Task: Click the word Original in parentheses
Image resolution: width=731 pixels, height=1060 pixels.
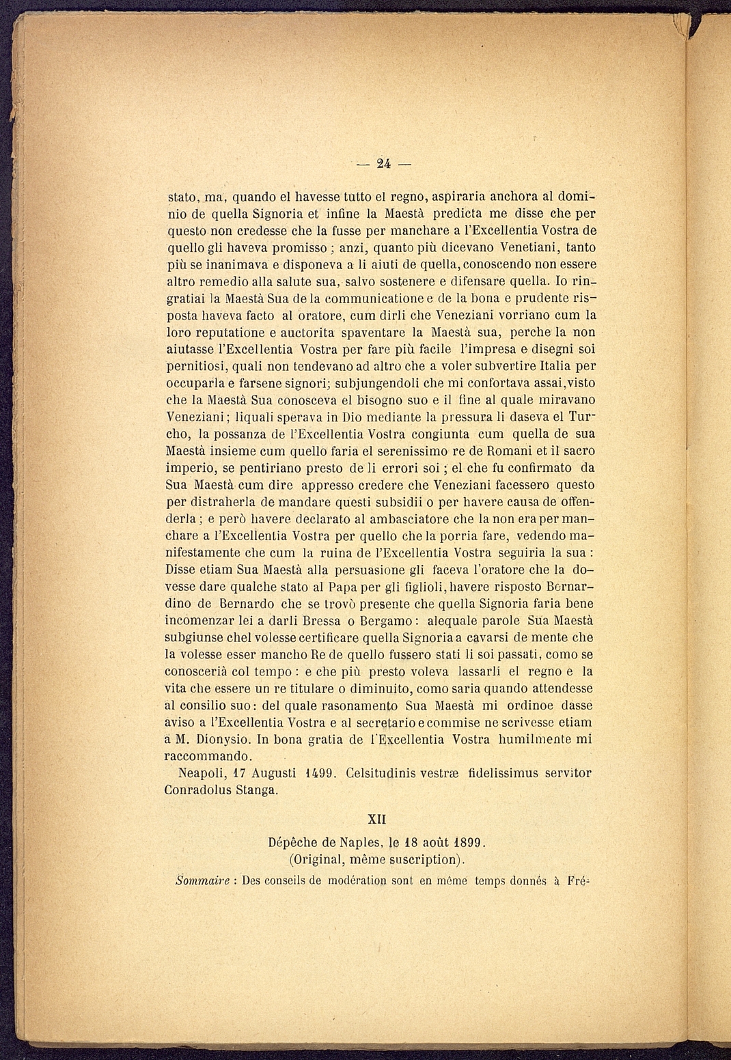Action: tap(318, 859)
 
